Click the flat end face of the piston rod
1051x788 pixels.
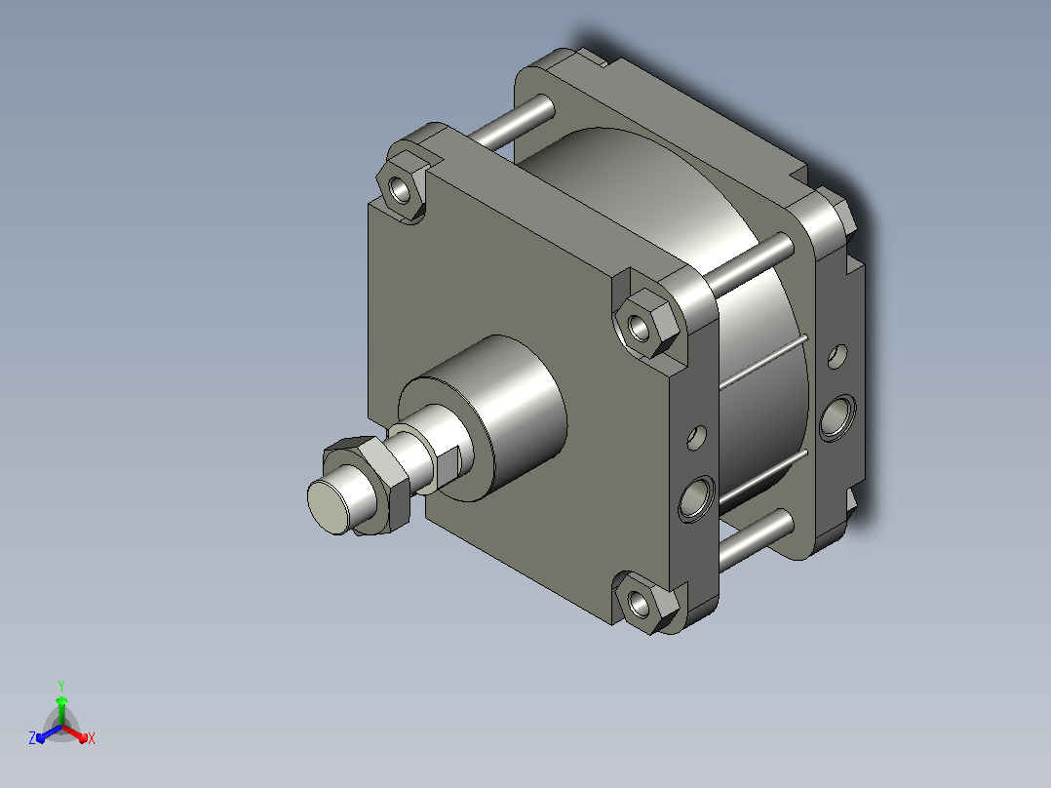(328, 507)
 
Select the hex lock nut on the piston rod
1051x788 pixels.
(367, 484)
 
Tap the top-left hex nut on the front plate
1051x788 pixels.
(401, 188)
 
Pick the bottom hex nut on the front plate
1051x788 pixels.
(642, 604)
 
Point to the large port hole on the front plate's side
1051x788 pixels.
(697, 498)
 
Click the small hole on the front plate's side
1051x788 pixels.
(697, 438)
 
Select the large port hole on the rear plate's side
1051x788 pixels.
(837, 417)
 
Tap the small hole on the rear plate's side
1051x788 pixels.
(837, 356)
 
